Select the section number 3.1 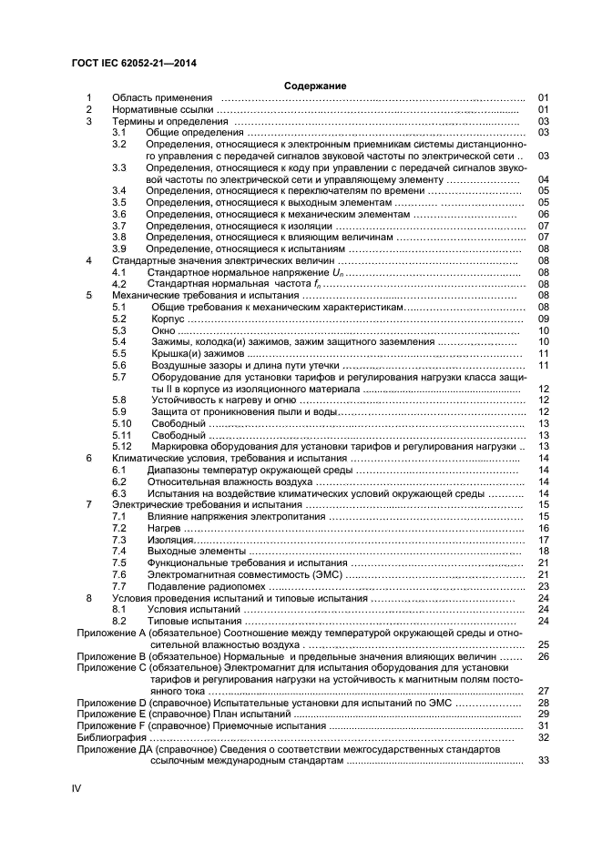point(118,132)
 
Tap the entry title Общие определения point(189,132)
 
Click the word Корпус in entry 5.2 point(168,319)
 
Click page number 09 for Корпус point(543,319)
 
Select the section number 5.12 point(122,447)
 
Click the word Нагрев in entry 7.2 point(165,528)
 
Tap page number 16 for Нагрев point(543,528)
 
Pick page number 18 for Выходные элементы point(543,552)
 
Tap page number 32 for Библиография point(543,737)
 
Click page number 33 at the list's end point(543,760)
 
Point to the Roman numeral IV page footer point(77,787)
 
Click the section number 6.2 point(118,481)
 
